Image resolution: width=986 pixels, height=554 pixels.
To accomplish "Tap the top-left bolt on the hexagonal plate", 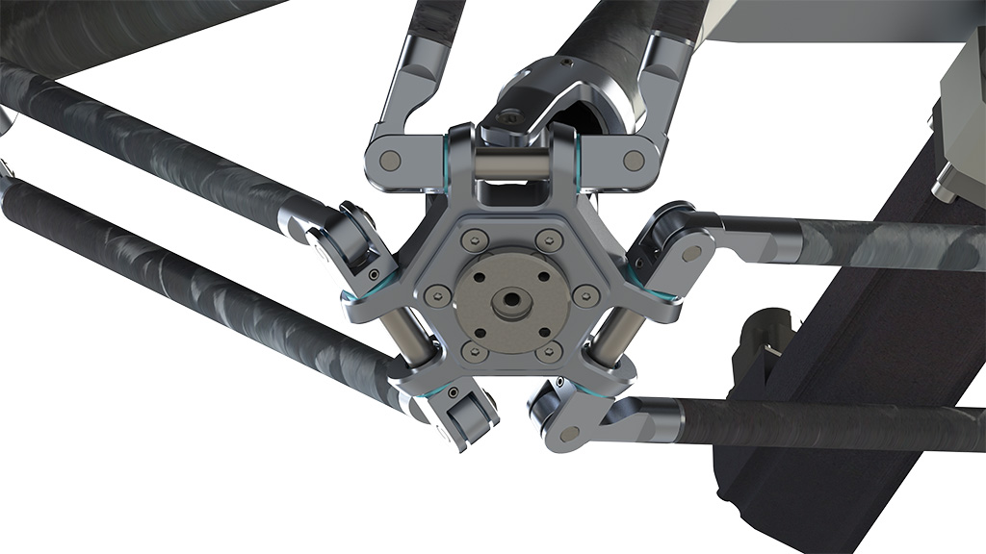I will pos(470,239).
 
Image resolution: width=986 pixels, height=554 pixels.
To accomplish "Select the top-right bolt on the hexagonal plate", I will pos(549,239).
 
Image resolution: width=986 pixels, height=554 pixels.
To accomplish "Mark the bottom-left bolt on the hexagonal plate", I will pos(470,354).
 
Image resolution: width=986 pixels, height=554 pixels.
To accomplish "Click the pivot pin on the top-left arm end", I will pos(390,159).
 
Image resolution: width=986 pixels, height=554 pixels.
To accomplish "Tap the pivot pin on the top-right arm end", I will pos(633,160).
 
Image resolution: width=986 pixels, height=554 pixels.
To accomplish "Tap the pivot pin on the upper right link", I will pos(692,254).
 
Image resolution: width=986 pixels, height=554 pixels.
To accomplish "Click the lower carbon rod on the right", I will pos(828,422).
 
